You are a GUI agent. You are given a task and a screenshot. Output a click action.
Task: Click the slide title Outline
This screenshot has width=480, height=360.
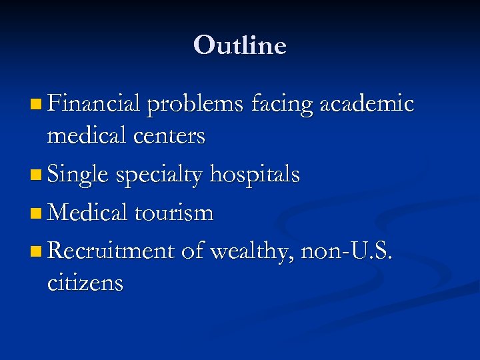(240, 45)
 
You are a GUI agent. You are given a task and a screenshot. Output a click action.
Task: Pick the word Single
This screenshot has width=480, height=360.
(78, 175)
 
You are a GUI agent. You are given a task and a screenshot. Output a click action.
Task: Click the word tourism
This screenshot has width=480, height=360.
(174, 213)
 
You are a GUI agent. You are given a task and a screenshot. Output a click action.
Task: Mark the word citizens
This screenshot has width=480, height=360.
(85, 283)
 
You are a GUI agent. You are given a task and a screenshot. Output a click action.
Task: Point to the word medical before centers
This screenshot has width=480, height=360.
(87, 136)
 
